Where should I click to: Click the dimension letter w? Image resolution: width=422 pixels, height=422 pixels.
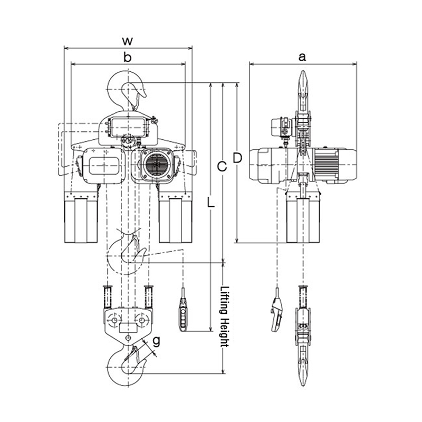[127, 41]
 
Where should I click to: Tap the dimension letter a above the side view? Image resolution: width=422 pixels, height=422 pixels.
[302, 57]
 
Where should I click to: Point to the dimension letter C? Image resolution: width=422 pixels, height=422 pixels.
[222, 167]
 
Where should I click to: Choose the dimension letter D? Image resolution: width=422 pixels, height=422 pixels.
[238, 158]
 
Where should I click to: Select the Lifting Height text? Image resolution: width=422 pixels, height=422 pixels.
[224, 317]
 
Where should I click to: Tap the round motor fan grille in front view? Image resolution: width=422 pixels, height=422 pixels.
[156, 165]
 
